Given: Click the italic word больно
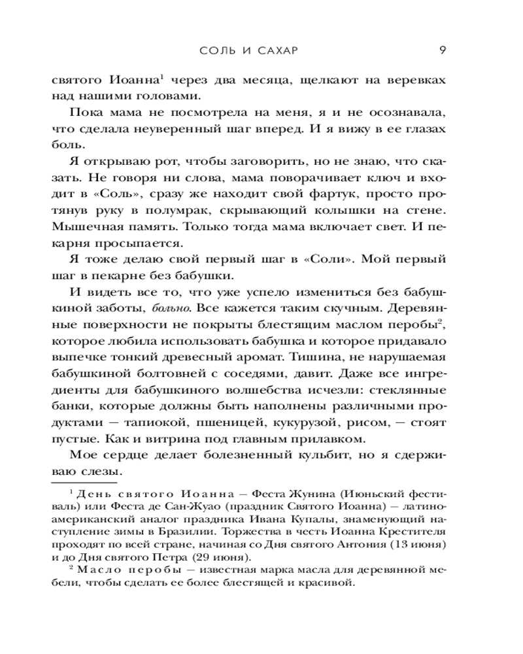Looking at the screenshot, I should click(171, 324).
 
